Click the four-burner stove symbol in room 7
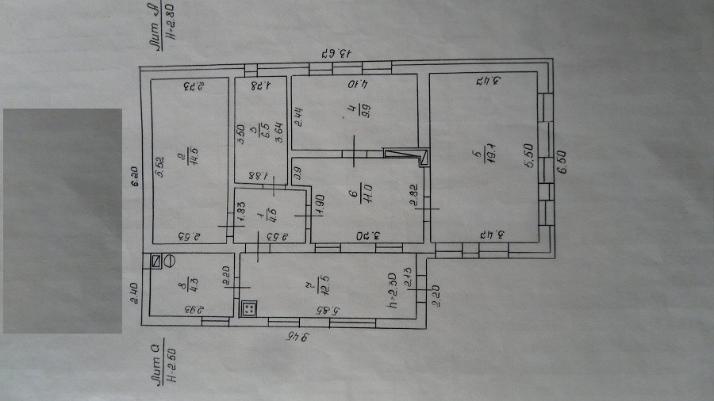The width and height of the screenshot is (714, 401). (x=249, y=307)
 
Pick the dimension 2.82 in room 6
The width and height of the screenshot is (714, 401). (x=413, y=194)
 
